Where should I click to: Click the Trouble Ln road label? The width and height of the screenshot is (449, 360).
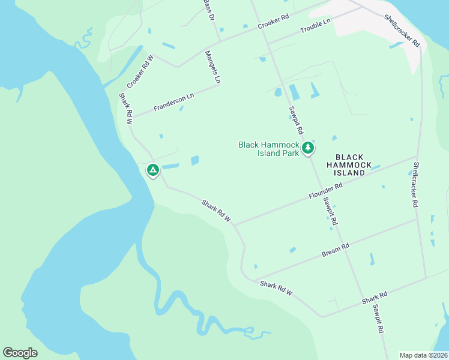point(316,25)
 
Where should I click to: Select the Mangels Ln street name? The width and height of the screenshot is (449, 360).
point(213,66)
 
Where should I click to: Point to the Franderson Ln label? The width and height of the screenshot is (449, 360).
point(174,101)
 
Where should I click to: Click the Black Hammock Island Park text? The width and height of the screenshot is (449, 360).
point(268,149)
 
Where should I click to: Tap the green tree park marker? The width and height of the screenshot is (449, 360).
point(308,147)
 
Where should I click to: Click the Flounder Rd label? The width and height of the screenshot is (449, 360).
point(325,191)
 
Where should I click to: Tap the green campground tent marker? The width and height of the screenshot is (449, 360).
point(153,170)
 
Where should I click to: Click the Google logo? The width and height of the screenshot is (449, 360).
point(20,353)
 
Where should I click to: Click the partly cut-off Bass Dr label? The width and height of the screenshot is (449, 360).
point(208,9)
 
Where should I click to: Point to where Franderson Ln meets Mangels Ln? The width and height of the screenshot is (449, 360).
point(218,85)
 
